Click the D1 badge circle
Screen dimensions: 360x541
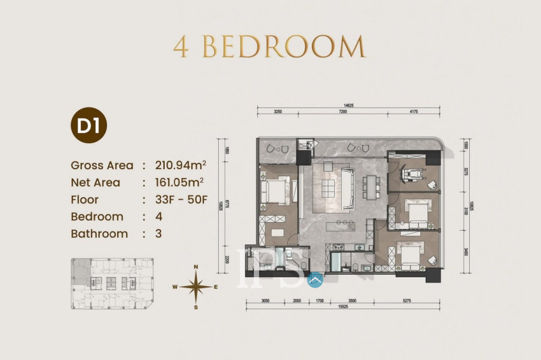[x=88, y=125]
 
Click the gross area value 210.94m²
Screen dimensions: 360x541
[x=180, y=165]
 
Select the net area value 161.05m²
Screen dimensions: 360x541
[x=180, y=183]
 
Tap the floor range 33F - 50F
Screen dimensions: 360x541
[x=181, y=200]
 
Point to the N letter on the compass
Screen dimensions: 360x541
[x=197, y=267]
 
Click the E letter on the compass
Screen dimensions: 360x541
[x=216, y=287]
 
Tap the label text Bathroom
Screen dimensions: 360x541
[x=99, y=234]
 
